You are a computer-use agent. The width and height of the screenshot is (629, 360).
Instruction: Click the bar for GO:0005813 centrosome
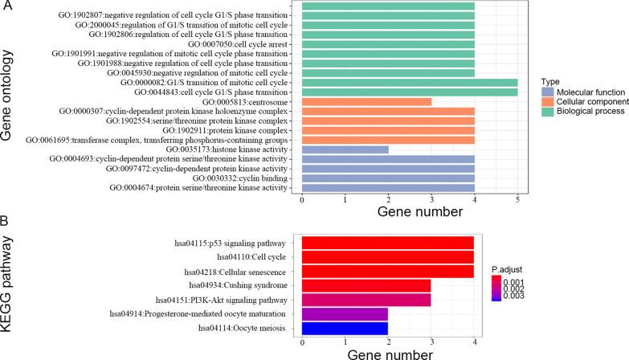point(366,102)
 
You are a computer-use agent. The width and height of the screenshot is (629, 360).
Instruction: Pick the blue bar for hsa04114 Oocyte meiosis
point(345,329)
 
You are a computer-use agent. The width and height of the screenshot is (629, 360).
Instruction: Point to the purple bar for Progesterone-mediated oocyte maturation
point(345,314)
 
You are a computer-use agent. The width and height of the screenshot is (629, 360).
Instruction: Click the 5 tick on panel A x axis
point(517,198)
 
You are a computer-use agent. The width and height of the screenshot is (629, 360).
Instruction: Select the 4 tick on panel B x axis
point(474,344)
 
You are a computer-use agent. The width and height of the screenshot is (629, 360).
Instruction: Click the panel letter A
point(7,7)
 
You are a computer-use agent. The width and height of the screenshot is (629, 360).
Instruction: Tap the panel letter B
point(7,220)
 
